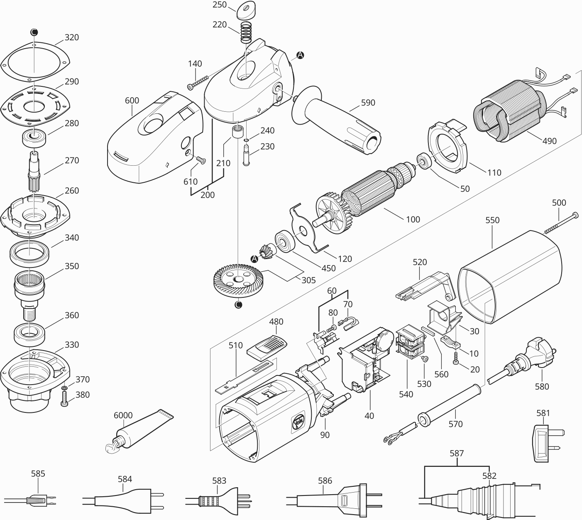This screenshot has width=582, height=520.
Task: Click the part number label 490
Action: click(549, 141)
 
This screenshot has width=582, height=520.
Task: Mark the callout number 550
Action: click(492, 220)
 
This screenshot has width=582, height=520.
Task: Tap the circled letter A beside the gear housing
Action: click(300, 54)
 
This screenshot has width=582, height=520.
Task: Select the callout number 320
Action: click(71, 37)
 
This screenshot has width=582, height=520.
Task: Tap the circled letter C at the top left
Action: click(34, 32)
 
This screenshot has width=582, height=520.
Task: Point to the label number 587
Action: click(457, 454)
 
